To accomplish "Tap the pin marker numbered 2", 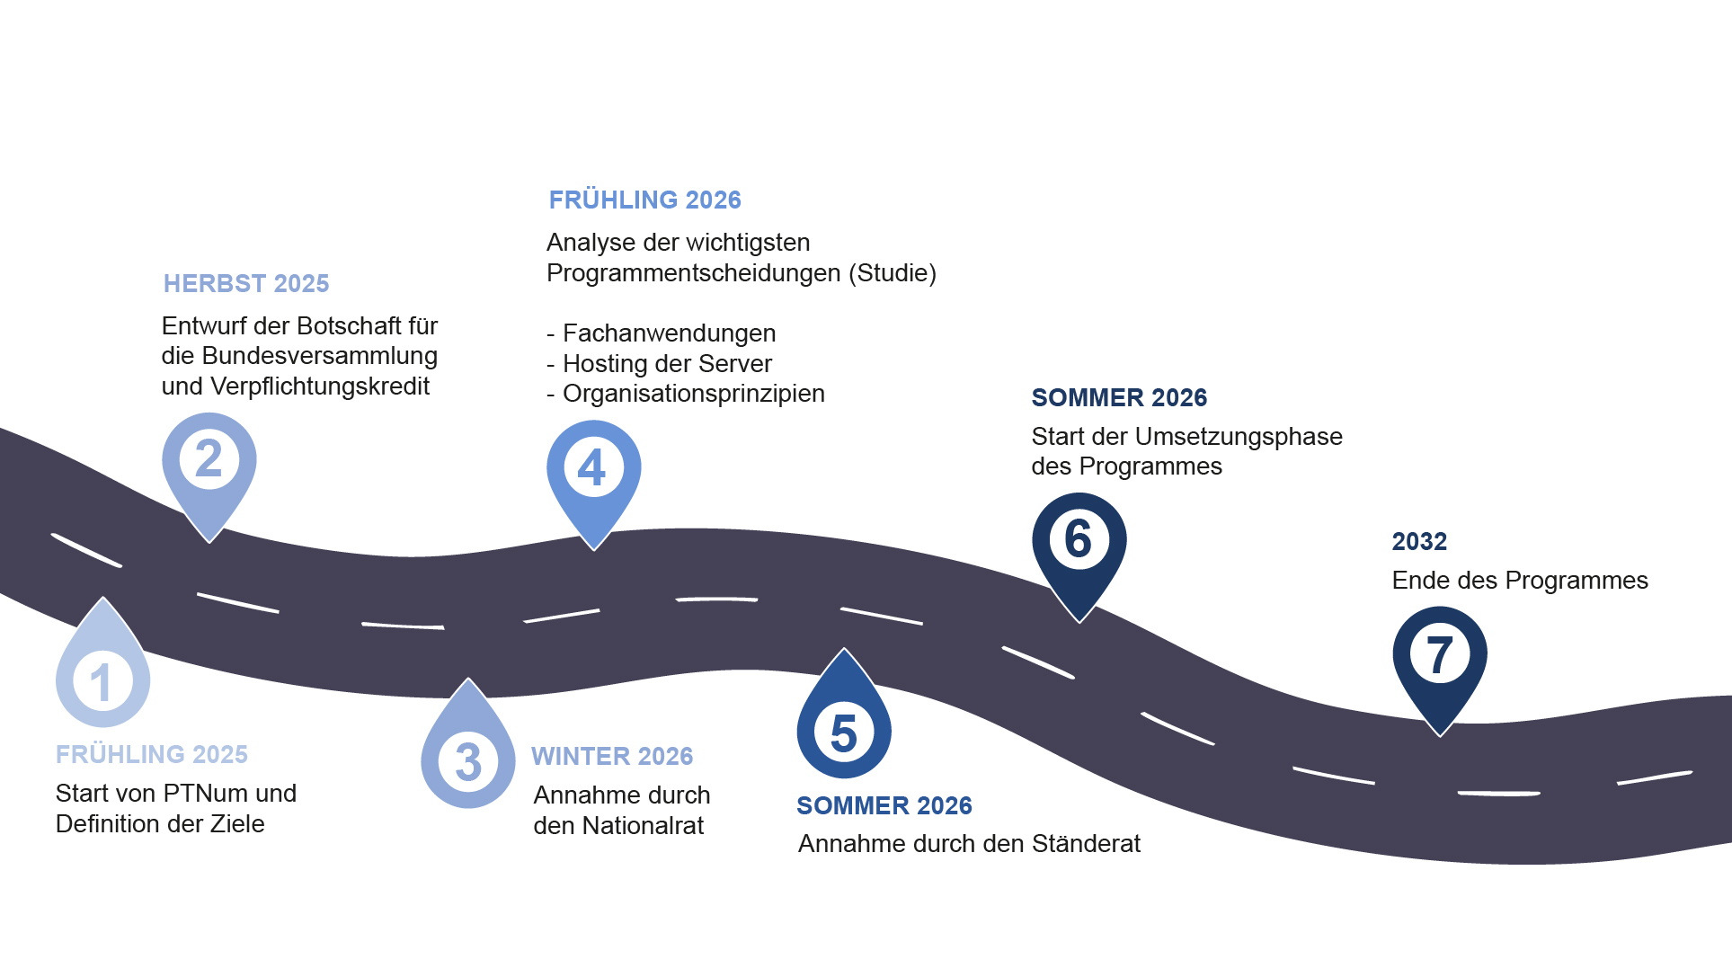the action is pyautogui.click(x=209, y=472).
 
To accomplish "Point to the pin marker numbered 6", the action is pyautogui.click(x=1079, y=552).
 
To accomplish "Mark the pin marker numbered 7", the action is pyautogui.click(x=1440, y=666).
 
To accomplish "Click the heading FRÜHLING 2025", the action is pyautogui.click(x=152, y=754).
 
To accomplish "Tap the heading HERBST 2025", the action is pyautogui.click(x=246, y=284).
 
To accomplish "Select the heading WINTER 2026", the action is pyautogui.click(x=612, y=757).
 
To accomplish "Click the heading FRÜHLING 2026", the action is pyautogui.click(x=645, y=200).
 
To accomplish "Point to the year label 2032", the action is pyautogui.click(x=1419, y=542).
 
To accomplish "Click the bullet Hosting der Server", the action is pyautogui.click(x=659, y=364).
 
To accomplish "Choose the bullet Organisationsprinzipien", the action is pyautogui.click(x=686, y=394).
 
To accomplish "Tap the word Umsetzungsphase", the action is pyautogui.click(x=1239, y=437).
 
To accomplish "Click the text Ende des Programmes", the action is pyautogui.click(x=1520, y=581).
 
